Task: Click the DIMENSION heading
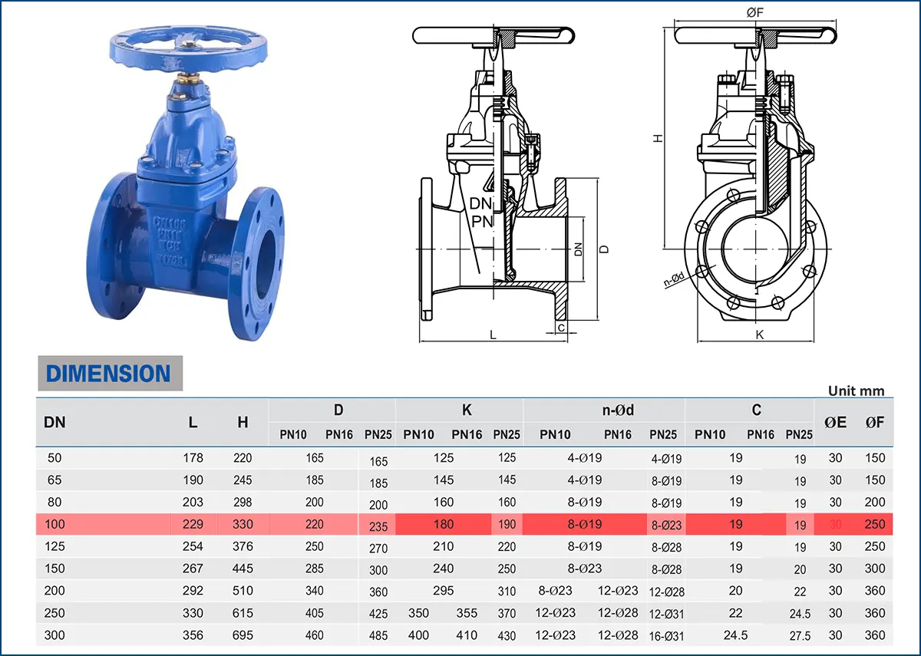coord(108,374)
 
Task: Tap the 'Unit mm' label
coord(856,391)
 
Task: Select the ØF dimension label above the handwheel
coord(754,12)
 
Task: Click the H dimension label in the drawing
coord(658,138)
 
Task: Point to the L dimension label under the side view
coord(494,335)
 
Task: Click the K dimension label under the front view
coord(759,335)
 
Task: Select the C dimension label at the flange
coord(561,328)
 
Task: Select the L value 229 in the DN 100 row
coord(193,525)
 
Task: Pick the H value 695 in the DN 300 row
coord(243,635)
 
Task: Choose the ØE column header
coord(835,422)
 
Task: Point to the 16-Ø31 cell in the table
coord(666,636)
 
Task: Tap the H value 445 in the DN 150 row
coord(243,569)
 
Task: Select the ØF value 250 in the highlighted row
coord(874,525)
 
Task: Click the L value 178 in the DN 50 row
coord(193,458)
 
